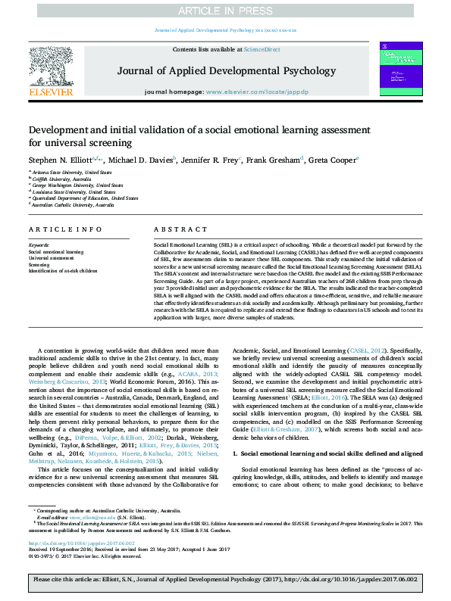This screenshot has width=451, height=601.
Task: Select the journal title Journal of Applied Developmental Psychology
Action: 226,71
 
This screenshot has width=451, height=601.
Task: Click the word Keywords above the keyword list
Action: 39,245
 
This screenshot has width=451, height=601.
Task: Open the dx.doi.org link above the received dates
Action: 81,543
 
